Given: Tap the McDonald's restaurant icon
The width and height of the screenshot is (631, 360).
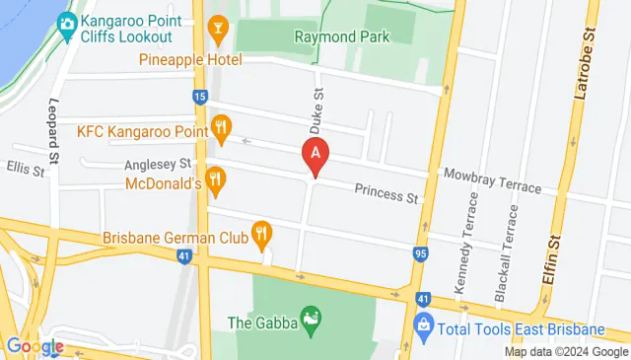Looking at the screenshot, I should pyautogui.click(x=218, y=179).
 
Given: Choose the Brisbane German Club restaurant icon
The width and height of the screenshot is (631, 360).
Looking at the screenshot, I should pyautogui.click(x=261, y=234).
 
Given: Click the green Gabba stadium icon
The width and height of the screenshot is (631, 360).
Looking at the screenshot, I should pyautogui.click(x=311, y=318).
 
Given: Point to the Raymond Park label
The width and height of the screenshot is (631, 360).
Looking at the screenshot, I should pyautogui.click(x=341, y=37).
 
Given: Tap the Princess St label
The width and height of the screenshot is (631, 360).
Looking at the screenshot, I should pyautogui.click(x=386, y=194).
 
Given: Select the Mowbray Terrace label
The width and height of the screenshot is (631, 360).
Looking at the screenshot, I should pyautogui.click(x=492, y=180).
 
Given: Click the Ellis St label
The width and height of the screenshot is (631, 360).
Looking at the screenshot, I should pyautogui.click(x=27, y=170).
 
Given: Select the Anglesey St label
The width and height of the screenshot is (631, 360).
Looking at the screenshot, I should pyautogui.click(x=158, y=166).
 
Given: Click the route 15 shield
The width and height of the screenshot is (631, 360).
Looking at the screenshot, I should pyautogui.click(x=200, y=97).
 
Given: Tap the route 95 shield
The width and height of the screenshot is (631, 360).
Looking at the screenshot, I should pyautogui.click(x=421, y=254).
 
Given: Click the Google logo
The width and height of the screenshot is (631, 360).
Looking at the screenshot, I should pyautogui.click(x=35, y=346).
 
